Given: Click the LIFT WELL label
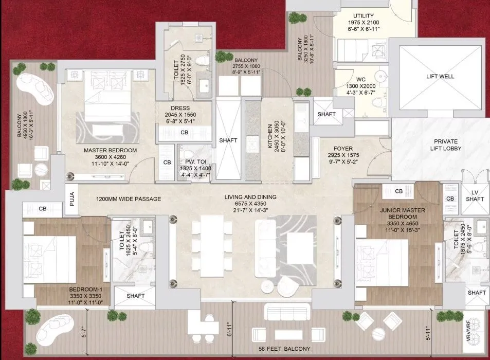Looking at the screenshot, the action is (440, 76).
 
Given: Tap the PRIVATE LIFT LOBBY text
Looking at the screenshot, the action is (446, 145).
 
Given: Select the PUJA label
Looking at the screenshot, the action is (72, 199).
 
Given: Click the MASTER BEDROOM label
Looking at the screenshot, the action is (111, 150).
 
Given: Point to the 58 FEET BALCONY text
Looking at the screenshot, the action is (284, 349).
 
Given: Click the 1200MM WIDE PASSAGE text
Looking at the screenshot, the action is (129, 199).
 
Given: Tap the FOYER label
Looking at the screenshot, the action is (343, 149).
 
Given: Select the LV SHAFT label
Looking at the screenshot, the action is (475, 195).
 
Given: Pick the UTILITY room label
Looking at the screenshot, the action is (364, 15).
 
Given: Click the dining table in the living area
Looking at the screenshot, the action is (212, 246).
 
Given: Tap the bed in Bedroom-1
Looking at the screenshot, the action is (50, 259).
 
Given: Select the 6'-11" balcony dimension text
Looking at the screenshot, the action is (230, 329).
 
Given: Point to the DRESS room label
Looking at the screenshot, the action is (180, 108).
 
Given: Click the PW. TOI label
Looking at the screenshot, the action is (195, 161).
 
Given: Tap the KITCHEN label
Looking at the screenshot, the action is (270, 136).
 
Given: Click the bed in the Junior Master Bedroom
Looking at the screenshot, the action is (382, 262).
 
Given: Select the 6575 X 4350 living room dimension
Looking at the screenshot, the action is (250, 204).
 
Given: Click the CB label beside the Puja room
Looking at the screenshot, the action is (43, 208).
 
